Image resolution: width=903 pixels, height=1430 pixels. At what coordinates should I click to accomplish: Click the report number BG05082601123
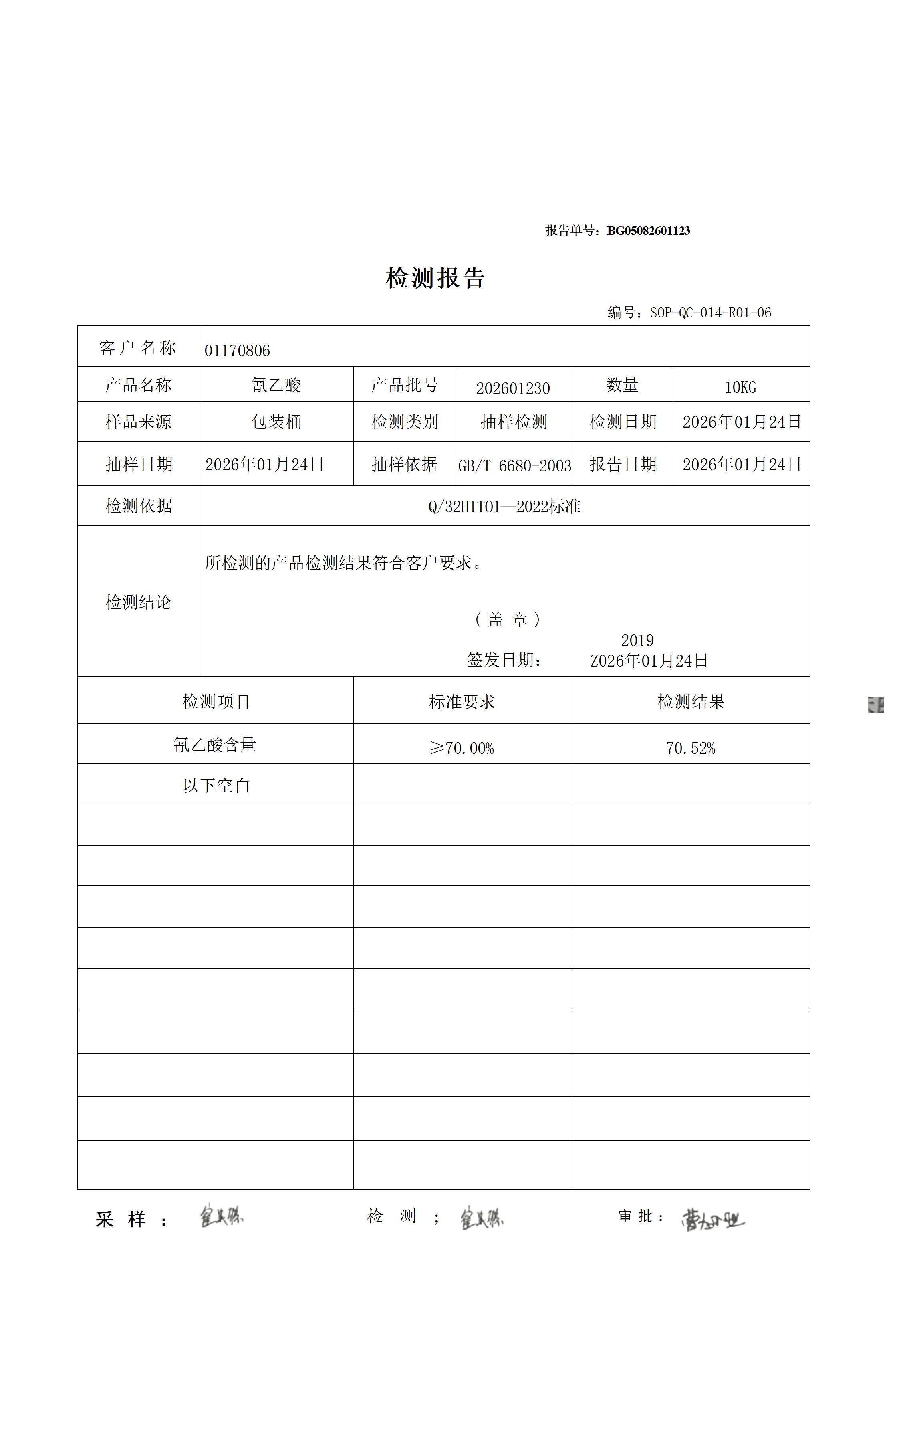[x=648, y=231]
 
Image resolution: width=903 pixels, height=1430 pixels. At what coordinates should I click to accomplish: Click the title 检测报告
[x=435, y=278]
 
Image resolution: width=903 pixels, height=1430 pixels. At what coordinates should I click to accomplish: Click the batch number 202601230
[x=513, y=388]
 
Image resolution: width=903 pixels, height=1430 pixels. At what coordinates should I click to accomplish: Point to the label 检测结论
[x=138, y=602]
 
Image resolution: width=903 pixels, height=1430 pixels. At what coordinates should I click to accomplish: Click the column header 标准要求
[x=462, y=702]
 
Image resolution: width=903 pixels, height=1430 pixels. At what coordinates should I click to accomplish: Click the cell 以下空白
[x=216, y=786]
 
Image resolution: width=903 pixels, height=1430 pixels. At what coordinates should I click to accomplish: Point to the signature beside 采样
[x=221, y=1216]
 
